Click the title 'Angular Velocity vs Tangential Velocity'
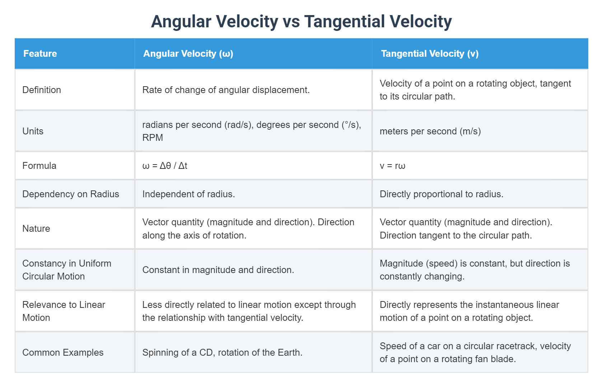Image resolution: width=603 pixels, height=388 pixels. pyautogui.click(x=301, y=22)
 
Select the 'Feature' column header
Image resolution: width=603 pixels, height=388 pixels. pyautogui.click(x=40, y=54)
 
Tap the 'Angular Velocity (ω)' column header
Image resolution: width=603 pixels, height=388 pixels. pyautogui.click(x=188, y=54)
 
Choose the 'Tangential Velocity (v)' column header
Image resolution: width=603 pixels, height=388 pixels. pyautogui.click(x=430, y=54)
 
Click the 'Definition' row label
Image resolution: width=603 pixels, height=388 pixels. pyautogui.click(x=42, y=90)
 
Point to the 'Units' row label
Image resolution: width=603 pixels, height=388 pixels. pyautogui.click(x=33, y=131)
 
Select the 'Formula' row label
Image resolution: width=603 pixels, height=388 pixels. pyautogui.click(x=39, y=166)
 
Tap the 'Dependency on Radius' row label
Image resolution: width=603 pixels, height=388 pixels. pyautogui.click(x=71, y=194)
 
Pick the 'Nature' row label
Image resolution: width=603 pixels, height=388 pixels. pyautogui.click(x=36, y=228)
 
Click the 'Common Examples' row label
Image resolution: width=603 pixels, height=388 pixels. pyautogui.click(x=63, y=352)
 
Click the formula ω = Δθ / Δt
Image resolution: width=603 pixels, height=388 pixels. pyautogui.click(x=165, y=166)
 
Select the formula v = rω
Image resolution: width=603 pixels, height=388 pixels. pyautogui.click(x=392, y=166)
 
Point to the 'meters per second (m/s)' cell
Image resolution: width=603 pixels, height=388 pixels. pyautogui.click(x=430, y=131)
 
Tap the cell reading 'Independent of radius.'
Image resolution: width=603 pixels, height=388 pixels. pyautogui.click(x=188, y=194)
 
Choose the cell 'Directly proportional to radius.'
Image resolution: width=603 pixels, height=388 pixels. pyautogui.click(x=441, y=194)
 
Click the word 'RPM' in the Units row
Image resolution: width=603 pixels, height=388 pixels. pyautogui.click(x=153, y=138)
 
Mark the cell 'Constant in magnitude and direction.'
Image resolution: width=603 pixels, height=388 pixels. pyautogui.click(x=218, y=270)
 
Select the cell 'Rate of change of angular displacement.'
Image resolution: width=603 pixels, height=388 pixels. pyautogui.click(x=226, y=90)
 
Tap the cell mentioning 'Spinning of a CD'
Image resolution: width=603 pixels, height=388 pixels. pyautogui.click(x=222, y=352)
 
